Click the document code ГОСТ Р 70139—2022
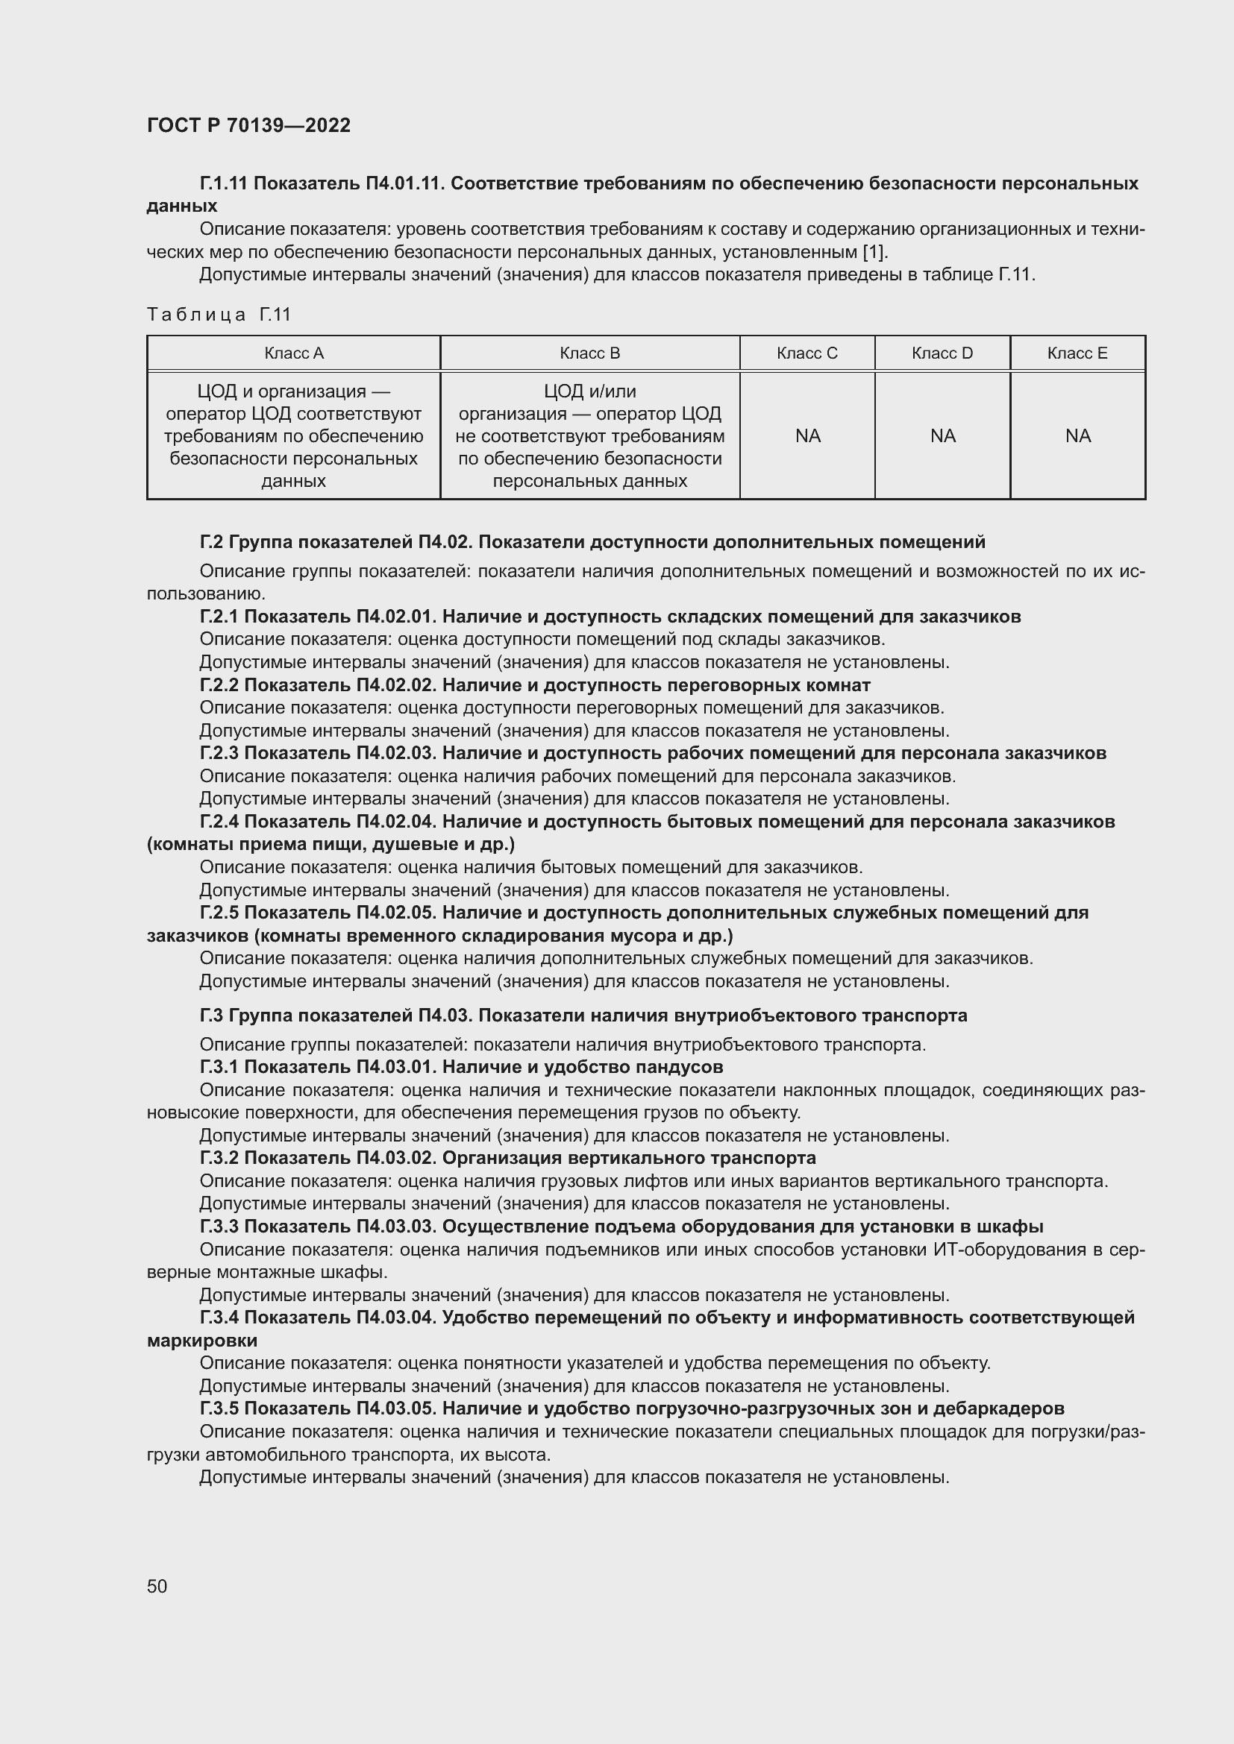pyautogui.click(x=248, y=125)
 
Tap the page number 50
pyautogui.click(x=157, y=1586)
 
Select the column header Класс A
pyautogui.click(x=293, y=353)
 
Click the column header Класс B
pyautogui.click(x=589, y=353)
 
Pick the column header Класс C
pyautogui.click(x=807, y=353)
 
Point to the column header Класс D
pyautogui.click(x=942, y=353)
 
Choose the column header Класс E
pyautogui.click(x=1077, y=353)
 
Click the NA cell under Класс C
pyautogui.click(x=808, y=436)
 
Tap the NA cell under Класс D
pyautogui.click(x=943, y=436)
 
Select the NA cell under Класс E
pyautogui.click(x=1078, y=436)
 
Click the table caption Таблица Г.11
pyautogui.click(x=219, y=315)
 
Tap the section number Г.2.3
pyautogui.click(x=219, y=754)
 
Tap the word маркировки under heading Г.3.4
pyautogui.click(x=202, y=1341)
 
